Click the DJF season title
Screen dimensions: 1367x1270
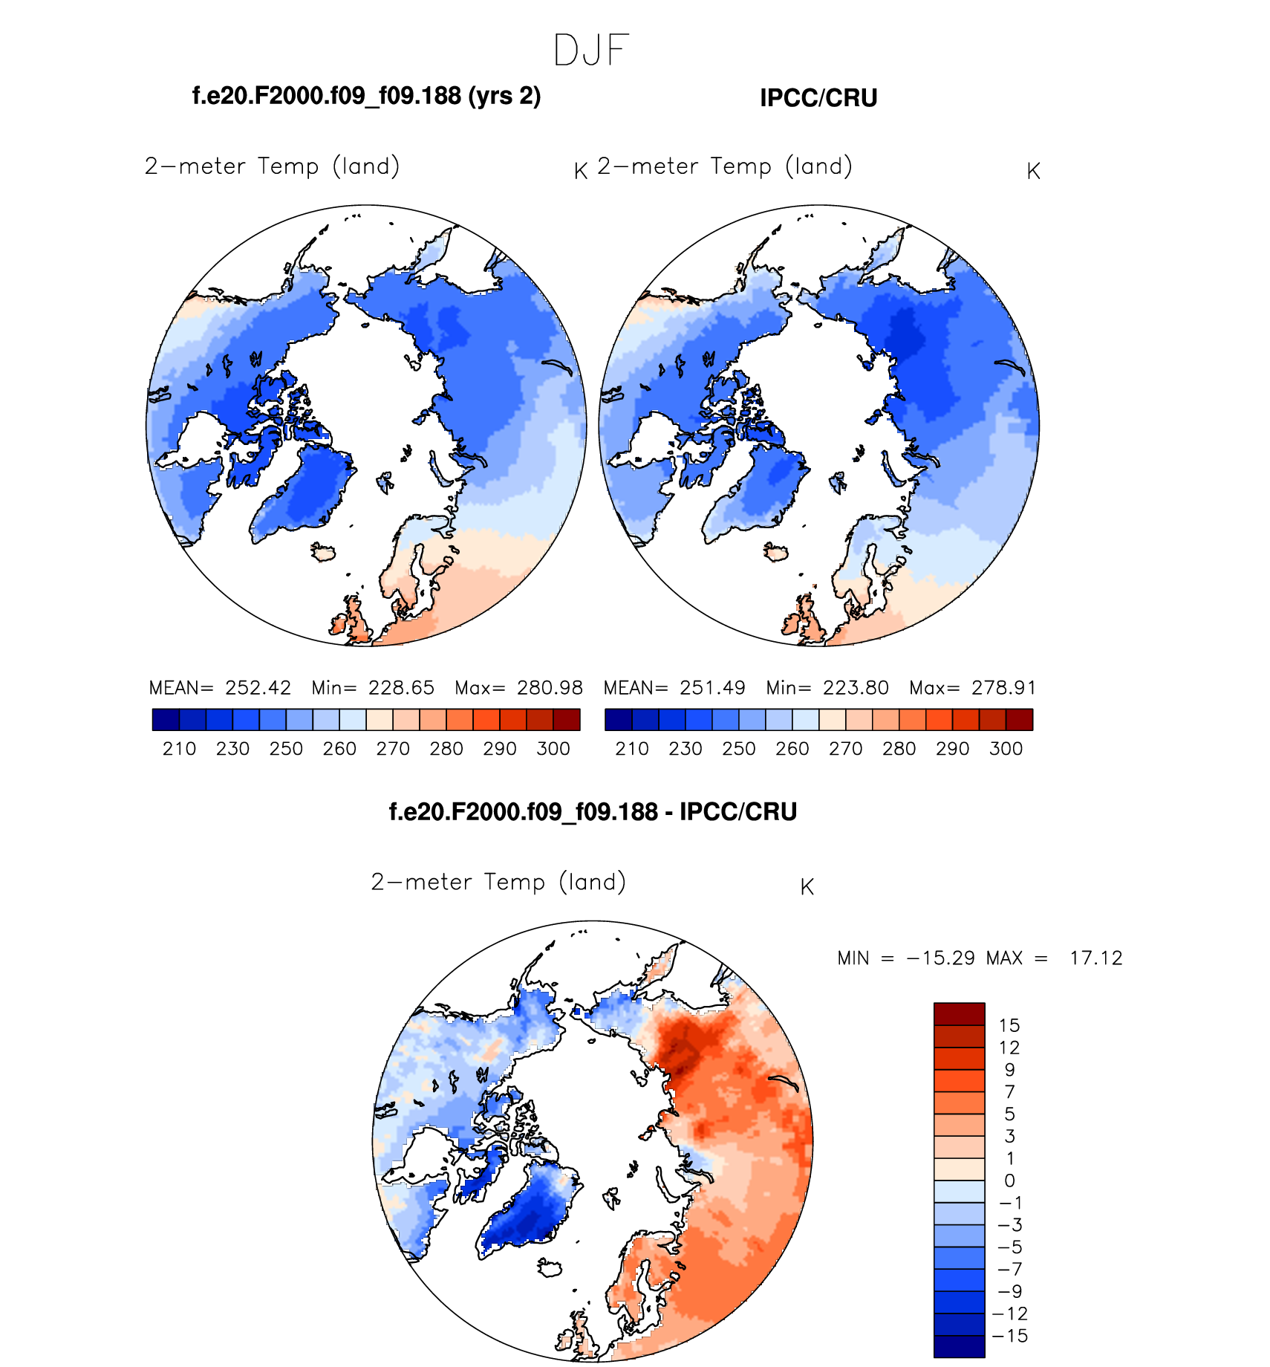coord(591,51)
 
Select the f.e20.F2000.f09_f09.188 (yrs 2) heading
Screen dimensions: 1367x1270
coord(366,96)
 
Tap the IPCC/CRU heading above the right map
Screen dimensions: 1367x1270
coord(818,98)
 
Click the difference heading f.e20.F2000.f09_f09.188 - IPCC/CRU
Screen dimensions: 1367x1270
coord(593,811)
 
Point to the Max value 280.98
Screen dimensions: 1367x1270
coord(550,688)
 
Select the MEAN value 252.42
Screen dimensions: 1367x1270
coord(258,688)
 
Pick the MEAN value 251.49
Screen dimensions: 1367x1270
coord(712,688)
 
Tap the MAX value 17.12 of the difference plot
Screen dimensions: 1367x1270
coord(1095,958)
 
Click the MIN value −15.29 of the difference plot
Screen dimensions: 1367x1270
coord(940,958)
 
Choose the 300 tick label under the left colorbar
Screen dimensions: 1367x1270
coord(553,749)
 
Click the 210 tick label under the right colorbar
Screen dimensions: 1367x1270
coord(632,749)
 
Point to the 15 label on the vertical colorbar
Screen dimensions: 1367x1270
coord(1009,1026)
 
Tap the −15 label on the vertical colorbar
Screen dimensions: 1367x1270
coord(1010,1336)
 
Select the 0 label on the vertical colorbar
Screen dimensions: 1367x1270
coord(1009,1181)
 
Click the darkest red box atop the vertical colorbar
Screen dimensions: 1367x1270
coord(959,1014)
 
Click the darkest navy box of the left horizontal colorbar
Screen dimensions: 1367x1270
coord(166,720)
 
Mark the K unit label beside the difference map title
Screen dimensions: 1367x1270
coord(807,887)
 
